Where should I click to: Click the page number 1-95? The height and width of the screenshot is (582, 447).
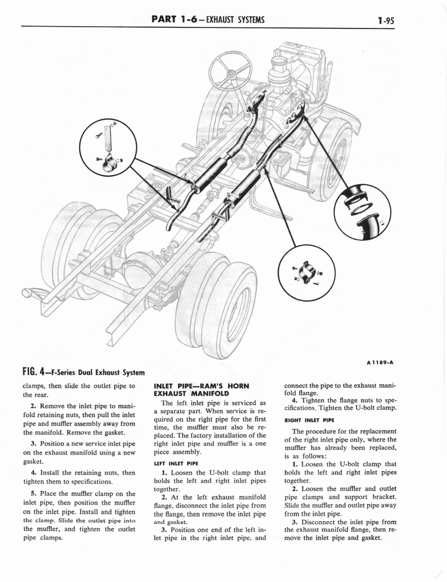click(386, 21)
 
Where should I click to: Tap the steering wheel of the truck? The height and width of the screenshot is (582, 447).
click(230, 70)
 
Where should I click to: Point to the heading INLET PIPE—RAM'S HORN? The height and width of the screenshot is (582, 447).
click(202, 385)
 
